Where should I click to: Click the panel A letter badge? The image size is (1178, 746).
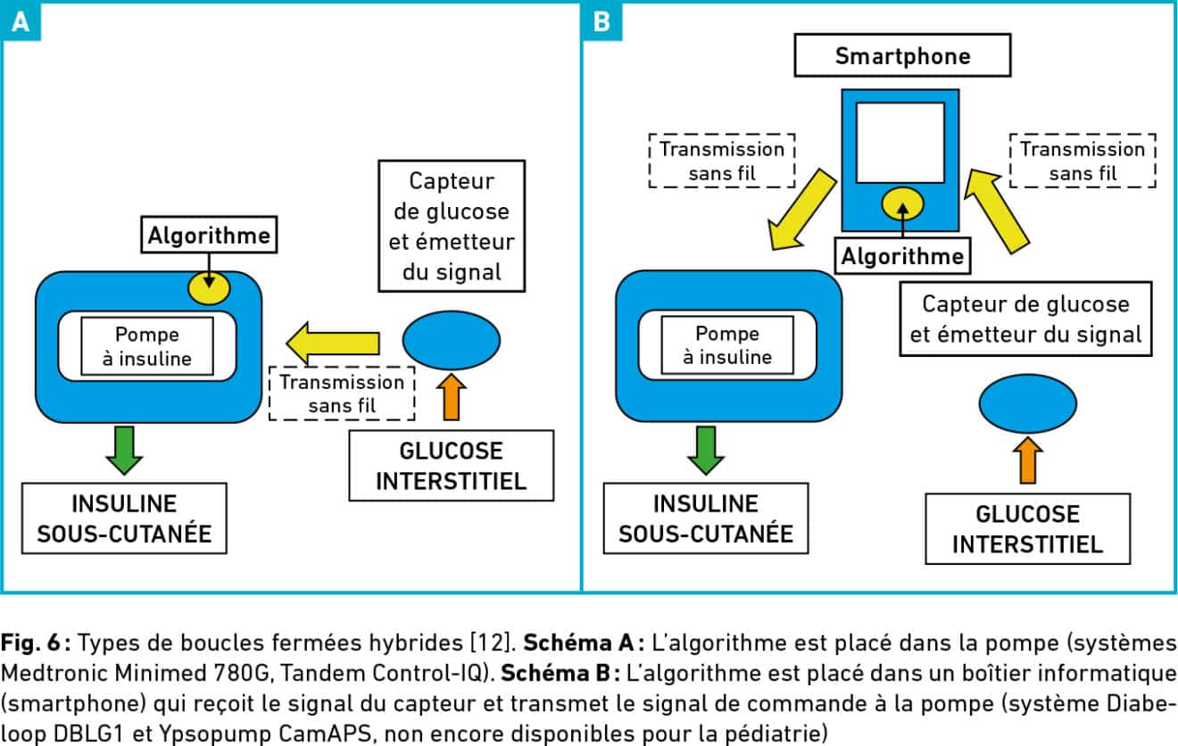pos(21,21)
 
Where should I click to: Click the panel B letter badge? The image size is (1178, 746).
pos(601,21)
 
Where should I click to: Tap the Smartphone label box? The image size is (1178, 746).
pos(902,55)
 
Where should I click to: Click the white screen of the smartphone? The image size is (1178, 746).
pos(900,143)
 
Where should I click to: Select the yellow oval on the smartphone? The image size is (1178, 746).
pos(902,204)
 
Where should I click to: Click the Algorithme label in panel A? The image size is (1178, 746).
pos(209,235)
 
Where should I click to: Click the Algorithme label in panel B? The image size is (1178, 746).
pos(902,257)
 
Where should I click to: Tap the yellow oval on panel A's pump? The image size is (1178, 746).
pos(209,288)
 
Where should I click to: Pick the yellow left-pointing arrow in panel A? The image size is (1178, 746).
pos(333,344)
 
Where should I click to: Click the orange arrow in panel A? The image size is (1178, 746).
pos(452,397)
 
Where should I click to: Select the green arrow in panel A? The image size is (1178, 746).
pos(124,451)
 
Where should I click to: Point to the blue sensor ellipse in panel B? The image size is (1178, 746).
pos(1027,403)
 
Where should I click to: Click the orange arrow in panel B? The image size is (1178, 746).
pos(1027,460)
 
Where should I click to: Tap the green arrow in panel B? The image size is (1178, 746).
pos(706,451)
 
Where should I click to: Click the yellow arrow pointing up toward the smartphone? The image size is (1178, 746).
pos(997,211)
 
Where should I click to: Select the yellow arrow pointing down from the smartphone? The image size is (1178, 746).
pos(802,209)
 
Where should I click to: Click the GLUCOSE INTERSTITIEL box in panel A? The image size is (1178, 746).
pos(452,466)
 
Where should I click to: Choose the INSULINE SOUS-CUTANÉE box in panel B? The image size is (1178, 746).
pos(706,518)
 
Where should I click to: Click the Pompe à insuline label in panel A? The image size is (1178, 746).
pos(147,346)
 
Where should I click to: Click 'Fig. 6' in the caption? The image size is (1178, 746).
pos(30,642)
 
